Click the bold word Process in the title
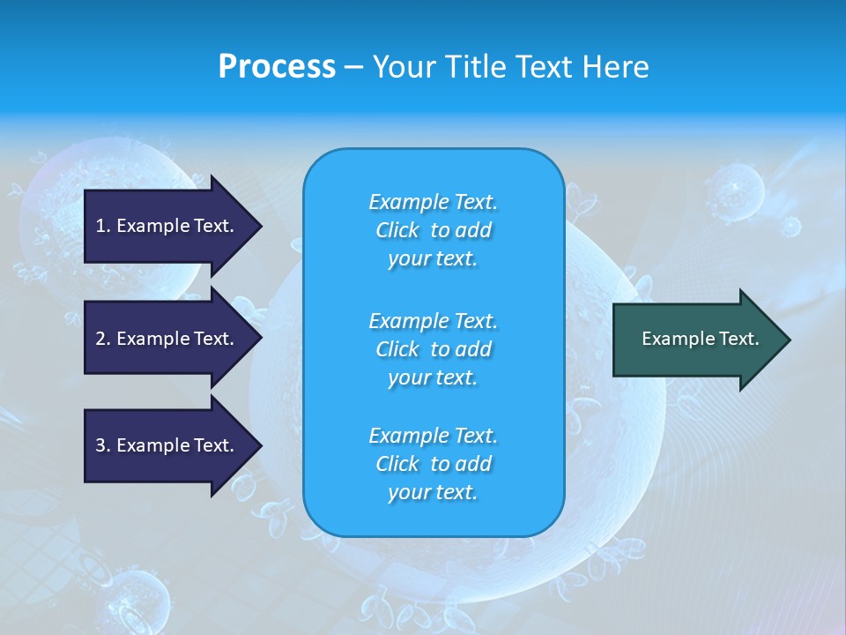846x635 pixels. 277,67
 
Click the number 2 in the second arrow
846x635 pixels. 100,339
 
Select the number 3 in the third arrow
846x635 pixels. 100,445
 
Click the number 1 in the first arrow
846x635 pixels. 100,226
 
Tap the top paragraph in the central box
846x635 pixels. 433,230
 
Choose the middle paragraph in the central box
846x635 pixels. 433,349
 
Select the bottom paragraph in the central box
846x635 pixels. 433,464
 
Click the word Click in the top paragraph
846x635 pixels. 397,230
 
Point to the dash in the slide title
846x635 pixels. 353,67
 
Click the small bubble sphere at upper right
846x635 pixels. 734,189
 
